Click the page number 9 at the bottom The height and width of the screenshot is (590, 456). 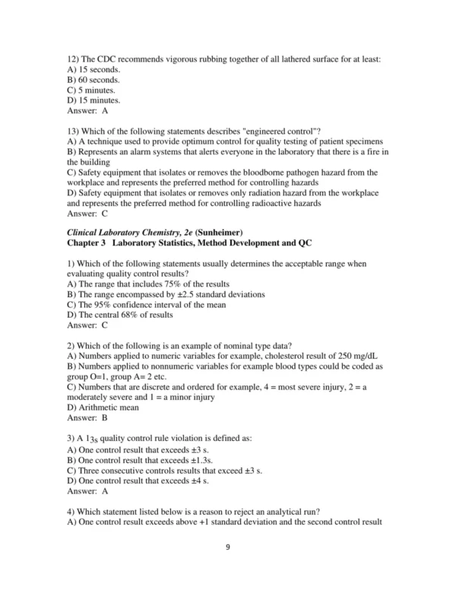(227, 568)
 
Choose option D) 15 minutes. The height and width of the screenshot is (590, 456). (93, 100)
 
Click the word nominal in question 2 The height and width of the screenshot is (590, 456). (211, 344)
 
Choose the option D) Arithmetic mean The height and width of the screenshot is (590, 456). (103, 407)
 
